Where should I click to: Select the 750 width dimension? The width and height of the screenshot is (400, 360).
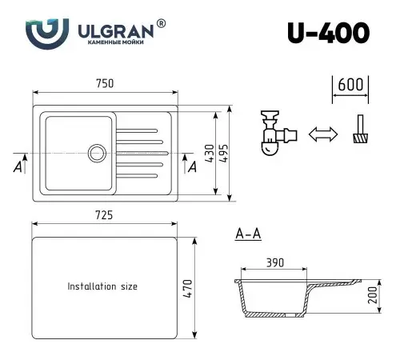(106, 84)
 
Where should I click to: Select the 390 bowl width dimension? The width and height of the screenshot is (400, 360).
(274, 263)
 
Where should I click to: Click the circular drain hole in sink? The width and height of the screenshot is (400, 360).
(98, 151)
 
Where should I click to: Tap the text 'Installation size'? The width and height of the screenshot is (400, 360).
(102, 286)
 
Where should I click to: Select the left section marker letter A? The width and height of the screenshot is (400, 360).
(18, 166)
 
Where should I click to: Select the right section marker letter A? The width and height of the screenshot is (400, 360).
(191, 166)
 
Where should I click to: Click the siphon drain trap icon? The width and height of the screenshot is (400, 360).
(274, 132)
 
